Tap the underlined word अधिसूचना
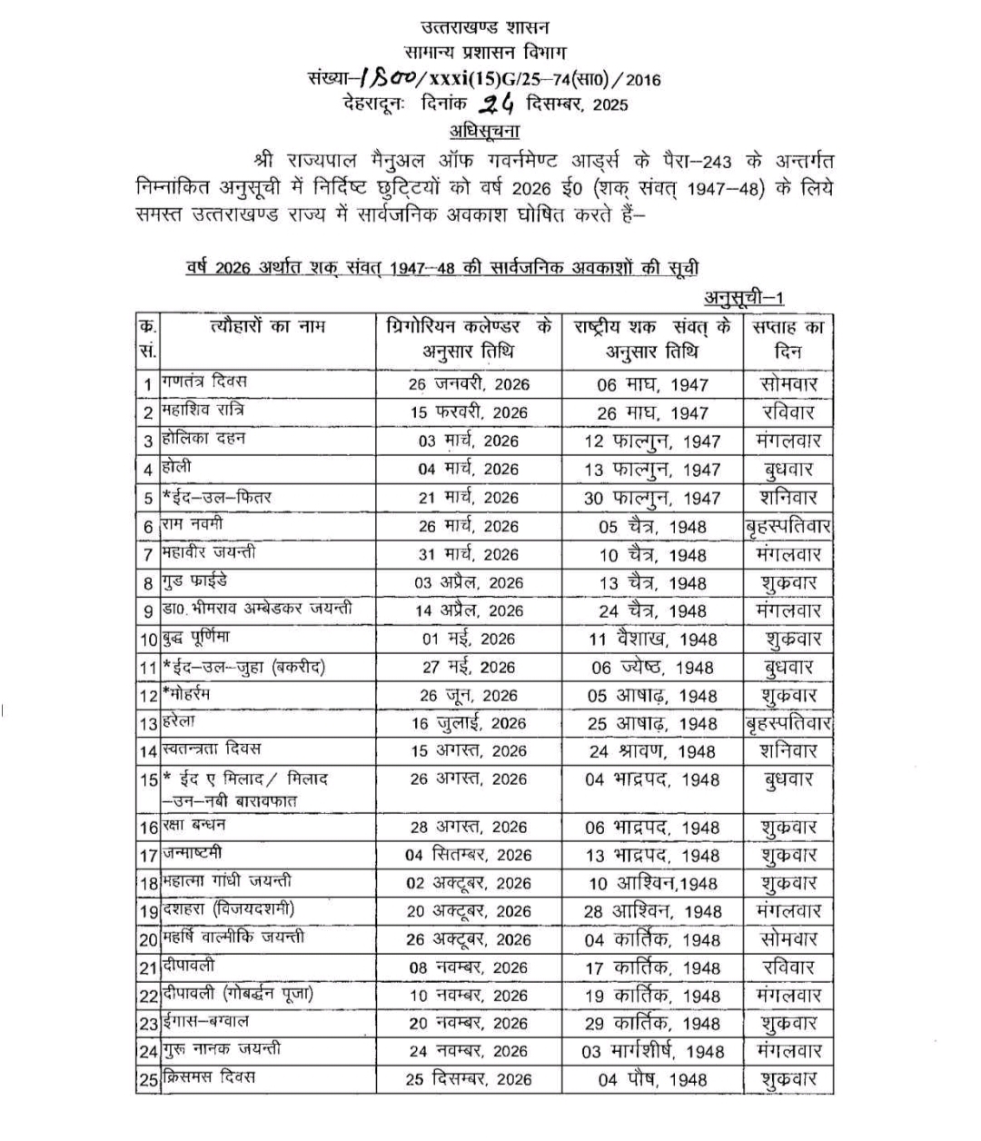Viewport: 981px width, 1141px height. tap(484, 129)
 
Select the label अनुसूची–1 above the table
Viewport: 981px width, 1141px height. tap(744, 298)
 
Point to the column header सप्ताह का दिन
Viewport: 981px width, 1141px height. tap(788, 339)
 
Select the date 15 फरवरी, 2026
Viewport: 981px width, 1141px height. tap(468, 412)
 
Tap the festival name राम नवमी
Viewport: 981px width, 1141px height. tap(193, 524)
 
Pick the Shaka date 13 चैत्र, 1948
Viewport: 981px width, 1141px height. tap(652, 582)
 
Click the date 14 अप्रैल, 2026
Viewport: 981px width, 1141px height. tap(469, 610)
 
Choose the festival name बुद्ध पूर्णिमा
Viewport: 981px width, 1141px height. tap(196, 638)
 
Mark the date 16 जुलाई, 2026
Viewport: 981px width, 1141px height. tap(468, 723)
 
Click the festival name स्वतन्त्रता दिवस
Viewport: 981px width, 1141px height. tap(211, 749)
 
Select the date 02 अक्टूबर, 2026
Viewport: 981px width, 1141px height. tap(468, 883)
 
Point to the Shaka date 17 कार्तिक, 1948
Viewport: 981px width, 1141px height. tap(652, 967)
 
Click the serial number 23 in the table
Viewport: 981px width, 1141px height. tap(149, 1024)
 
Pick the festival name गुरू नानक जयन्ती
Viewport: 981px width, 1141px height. tap(222, 1050)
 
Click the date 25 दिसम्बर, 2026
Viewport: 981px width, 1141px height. tap(468, 1079)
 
